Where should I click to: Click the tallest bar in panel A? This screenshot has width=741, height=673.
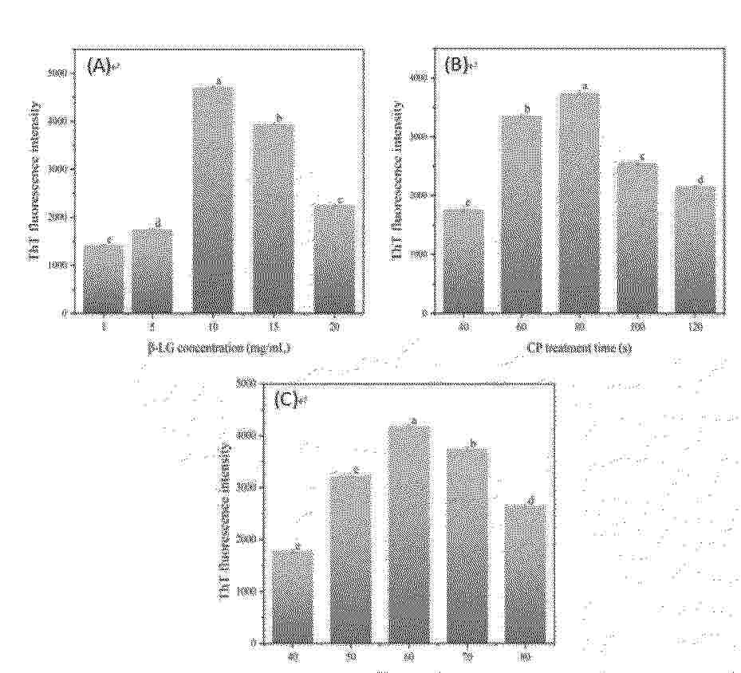[213, 199]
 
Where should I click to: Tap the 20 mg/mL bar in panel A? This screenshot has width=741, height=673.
[334, 258]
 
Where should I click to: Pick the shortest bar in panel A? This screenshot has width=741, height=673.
[104, 278]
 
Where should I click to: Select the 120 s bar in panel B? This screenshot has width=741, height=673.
[695, 249]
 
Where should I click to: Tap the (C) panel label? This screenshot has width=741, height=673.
[288, 400]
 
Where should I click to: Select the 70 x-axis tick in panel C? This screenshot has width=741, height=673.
[467, 658]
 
